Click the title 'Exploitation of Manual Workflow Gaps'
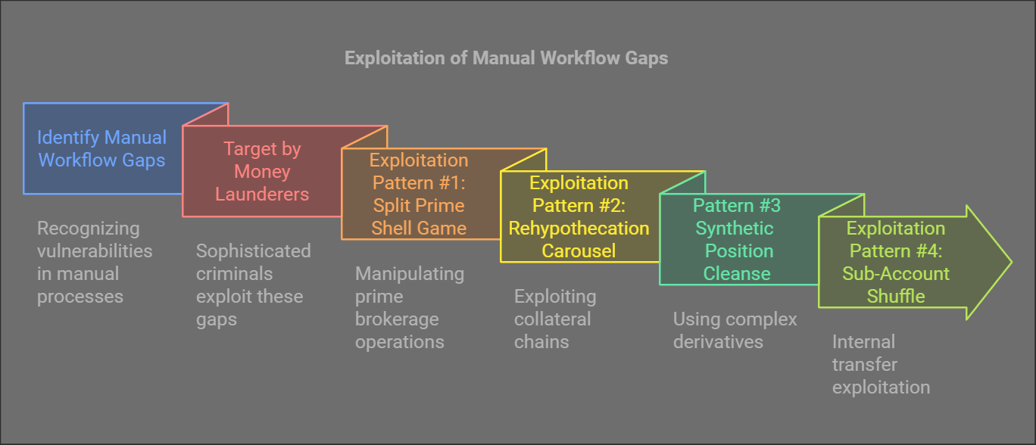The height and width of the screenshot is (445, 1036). tap(506, 58)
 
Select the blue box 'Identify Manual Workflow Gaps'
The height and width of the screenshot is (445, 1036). tap(102, 148)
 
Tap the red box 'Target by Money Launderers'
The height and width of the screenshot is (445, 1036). tap(262, 171)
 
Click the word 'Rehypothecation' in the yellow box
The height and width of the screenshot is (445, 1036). tap(579, 228)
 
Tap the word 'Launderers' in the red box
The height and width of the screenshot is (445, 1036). tap(262, 194)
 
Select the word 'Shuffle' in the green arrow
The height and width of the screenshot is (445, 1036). tap(896, 296)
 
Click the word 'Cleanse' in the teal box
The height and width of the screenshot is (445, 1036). tap(737, 273)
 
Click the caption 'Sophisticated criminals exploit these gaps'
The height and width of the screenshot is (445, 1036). tap(253, 285)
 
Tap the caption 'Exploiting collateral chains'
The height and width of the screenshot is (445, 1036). tap(555, 319)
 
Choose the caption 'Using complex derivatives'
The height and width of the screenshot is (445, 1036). tap(735, 330)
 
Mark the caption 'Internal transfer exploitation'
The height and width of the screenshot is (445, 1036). tap(881, 364)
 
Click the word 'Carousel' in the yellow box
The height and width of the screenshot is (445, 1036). tap(579, 251)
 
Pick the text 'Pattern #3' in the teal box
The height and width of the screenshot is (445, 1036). tap(737, 206)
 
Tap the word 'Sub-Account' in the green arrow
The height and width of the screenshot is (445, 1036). tap(896, 273)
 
